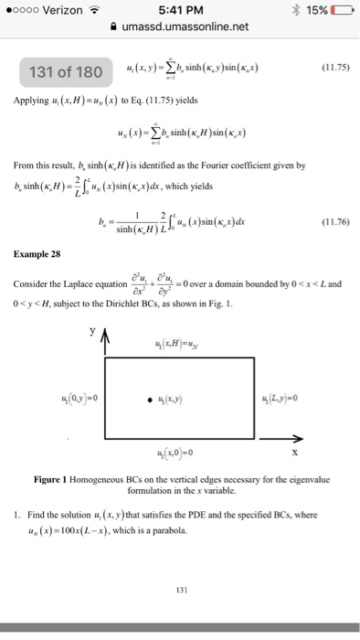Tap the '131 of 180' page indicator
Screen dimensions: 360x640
coord(66,72)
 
